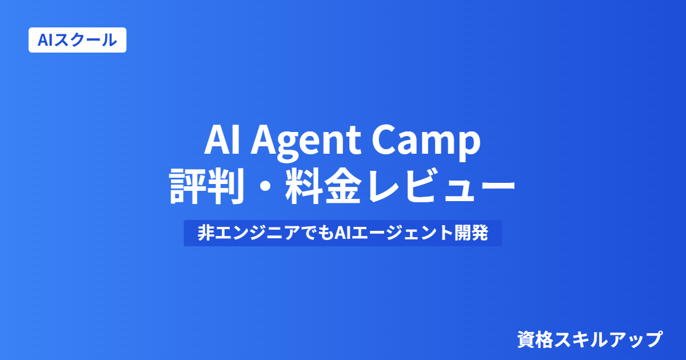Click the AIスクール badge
[x=78, y=40]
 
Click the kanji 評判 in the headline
[x=207, y=186]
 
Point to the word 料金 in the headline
[x=324, y=186]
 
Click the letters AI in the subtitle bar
[x=342, y=233]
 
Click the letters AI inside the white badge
[x=46, y=40]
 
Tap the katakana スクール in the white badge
[x=86, y=40]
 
